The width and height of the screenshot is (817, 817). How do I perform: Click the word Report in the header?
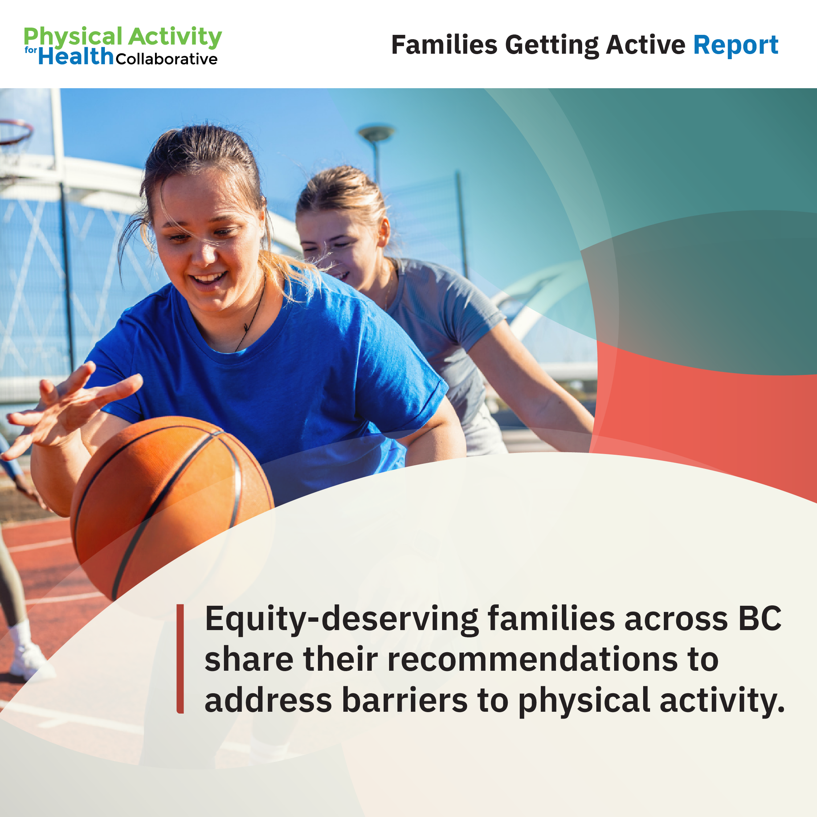click(735, 45)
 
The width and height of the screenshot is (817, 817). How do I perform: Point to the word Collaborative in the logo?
click(167, 59)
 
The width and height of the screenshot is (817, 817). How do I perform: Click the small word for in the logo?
click(31, 50)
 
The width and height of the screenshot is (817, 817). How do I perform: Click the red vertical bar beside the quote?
click(180, 659)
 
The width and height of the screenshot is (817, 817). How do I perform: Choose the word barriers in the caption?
click(405, 700)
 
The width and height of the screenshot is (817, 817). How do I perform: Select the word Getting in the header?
click(552, 45)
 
